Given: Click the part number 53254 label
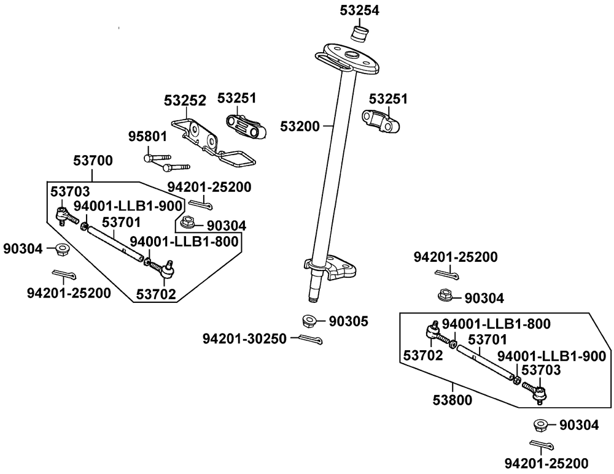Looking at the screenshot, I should click(x=360, y=10).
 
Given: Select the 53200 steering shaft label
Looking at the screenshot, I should click(x=300, y=126).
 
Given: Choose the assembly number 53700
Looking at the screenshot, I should click(x=93, y=161).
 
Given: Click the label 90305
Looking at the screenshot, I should click(x=349, y=321).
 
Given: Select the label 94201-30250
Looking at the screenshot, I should click(x=244, y=338).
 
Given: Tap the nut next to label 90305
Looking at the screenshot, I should click(x=311, y=320).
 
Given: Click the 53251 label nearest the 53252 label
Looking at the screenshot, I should click(x=236, y=98).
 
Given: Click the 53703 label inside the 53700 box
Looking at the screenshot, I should click(x=69, y=192).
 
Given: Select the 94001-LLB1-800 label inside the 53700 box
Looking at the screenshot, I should click(x=184, y=242).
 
